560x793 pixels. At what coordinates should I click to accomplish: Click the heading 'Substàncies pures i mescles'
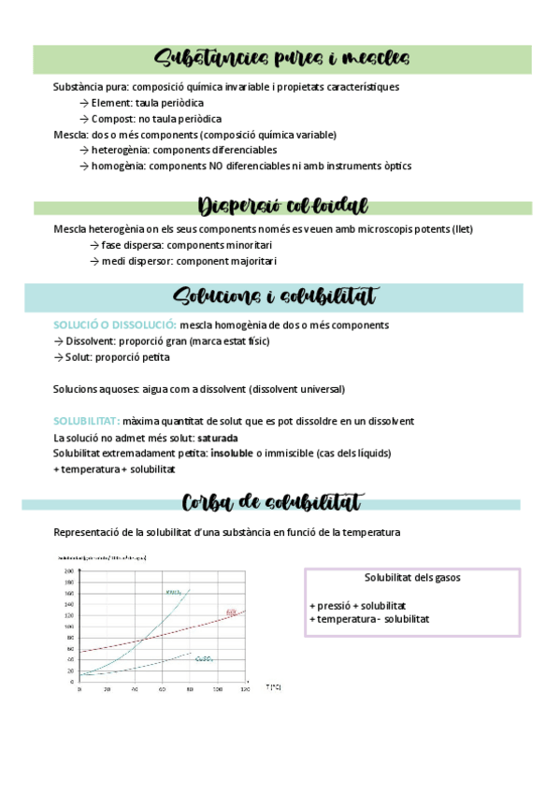(x=281, y=59)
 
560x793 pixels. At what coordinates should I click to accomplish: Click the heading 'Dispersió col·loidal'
(x=282, y=206)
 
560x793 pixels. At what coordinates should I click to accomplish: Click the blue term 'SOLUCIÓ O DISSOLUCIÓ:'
(x=115, y=324)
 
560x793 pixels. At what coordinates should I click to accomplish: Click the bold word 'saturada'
(x=218, y=437)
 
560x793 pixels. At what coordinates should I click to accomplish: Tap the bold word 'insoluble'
(x=232, y=453)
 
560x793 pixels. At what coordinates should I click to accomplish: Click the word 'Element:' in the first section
(x=114, y=103)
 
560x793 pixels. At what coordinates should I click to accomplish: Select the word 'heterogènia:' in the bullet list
(x=121, y=150)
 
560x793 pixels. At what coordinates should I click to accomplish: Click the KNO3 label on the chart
(x=173, y=592)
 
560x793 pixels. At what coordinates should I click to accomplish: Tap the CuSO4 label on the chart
(x=205, y=658)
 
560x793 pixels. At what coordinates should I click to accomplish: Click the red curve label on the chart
(x=232, y=613)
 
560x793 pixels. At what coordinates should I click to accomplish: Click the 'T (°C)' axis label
(x=273, y=687)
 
